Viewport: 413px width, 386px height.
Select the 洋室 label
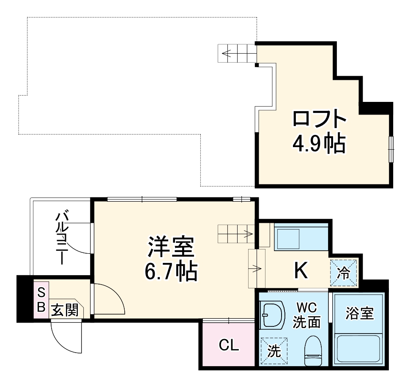click(171, 247)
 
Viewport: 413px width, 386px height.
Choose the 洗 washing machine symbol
click(274, 350)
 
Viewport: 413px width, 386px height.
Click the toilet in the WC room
click(313, 350)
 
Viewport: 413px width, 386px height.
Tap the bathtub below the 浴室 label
click(359, 348)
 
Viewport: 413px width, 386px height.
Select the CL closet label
click(229, 346)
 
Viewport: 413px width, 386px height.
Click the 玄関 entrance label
click(65, 311)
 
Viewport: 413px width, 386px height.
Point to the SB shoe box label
click(41, 299)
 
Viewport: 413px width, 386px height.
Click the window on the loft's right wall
click(391, 149)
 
